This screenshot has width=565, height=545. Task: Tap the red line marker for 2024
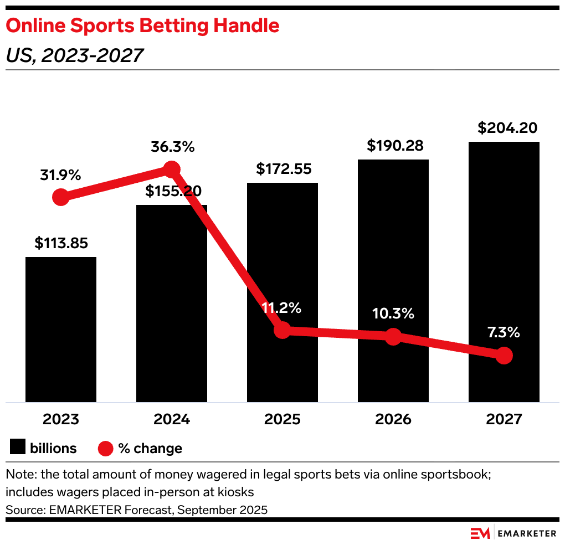click(172, 169)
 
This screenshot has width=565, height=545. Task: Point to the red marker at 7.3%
click(504, 356)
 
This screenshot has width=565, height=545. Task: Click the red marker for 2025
click(282, 331)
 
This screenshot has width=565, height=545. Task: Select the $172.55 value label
click(282, 169)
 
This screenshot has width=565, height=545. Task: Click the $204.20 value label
click(507, 128)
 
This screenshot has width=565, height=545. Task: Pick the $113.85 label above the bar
click(61, 243)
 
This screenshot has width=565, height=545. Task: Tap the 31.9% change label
click(60, 176)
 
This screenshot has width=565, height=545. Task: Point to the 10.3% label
click(393, 313)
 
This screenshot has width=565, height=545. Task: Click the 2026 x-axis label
click(393, 419)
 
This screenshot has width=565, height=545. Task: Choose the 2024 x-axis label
click(172, 419)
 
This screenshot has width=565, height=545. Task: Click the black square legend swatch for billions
click(18, 448)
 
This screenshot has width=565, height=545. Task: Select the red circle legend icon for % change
click(105, 448)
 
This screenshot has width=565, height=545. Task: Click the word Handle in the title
click(247, 25)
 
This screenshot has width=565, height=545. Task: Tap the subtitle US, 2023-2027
click(74, 55)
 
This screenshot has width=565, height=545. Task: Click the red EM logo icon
click(480, 533)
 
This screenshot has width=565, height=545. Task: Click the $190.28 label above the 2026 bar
click(395, 146)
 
